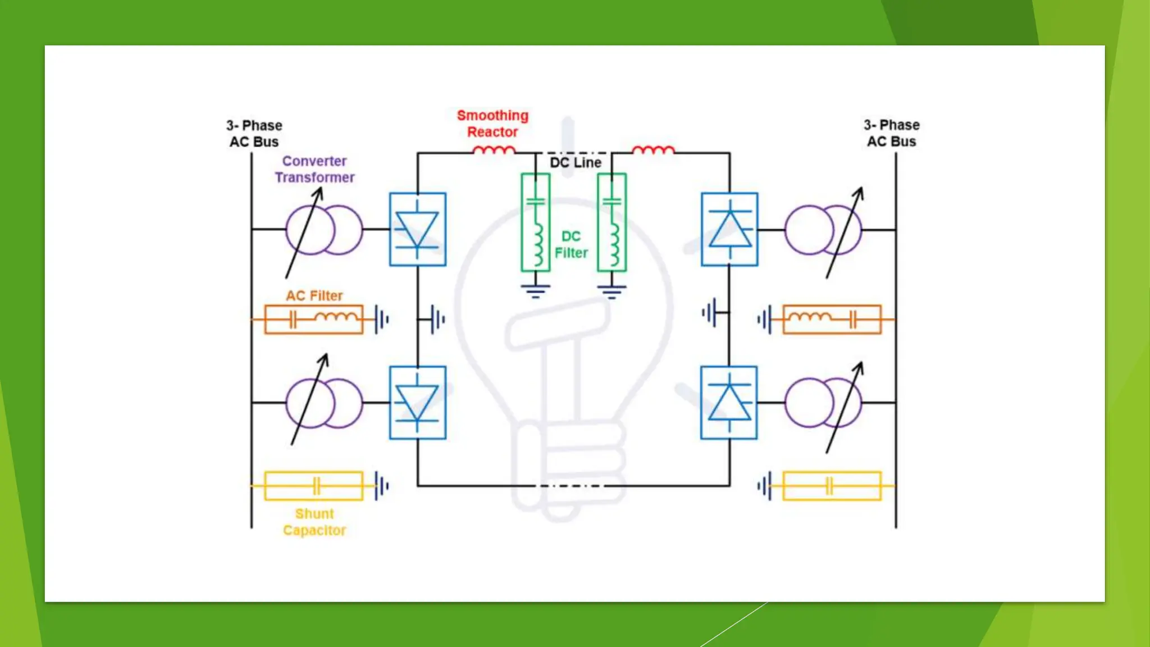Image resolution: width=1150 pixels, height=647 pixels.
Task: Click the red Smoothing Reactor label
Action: coord(492,124)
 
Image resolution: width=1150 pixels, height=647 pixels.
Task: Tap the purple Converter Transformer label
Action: coord(314,169)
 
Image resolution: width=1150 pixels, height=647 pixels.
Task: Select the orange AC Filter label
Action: coord(314,295)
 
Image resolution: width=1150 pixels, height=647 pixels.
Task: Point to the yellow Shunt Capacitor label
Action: coord(314,522)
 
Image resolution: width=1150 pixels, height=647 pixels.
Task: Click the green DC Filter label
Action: coord(571,244)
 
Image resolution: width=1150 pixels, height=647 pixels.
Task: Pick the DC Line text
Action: coord(576,162)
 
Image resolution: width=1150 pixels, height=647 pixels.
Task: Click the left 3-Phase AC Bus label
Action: coord(254,133)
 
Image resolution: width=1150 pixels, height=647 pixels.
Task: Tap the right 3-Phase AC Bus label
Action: coord(892,133)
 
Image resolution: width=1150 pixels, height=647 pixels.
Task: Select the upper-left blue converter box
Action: coord(417,229)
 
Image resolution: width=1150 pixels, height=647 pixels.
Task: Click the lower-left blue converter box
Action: coord(417,403)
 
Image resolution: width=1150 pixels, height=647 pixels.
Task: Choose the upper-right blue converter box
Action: coord(729,229)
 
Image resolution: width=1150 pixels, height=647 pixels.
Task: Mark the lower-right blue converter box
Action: coord(729,403)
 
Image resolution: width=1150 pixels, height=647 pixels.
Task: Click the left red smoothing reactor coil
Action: coord(494,150)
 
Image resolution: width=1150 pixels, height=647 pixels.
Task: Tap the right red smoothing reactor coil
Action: coord(653,150)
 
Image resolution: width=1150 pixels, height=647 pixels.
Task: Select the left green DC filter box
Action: coord(535,222)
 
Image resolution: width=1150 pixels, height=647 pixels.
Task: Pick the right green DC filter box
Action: coord(611,222)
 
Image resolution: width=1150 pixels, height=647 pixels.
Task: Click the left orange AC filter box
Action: coord(314,320)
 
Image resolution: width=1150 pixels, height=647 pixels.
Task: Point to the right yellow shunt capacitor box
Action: coord(832,486)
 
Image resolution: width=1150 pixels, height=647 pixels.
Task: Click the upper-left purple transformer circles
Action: coord(324,230)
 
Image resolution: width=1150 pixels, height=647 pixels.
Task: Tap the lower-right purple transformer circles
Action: coord(823,403)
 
